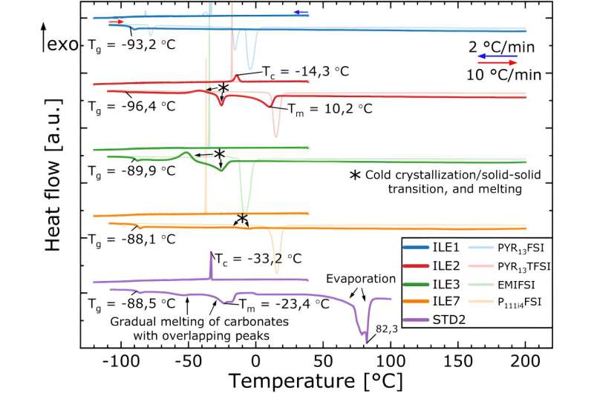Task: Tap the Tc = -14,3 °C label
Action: [304, 72]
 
